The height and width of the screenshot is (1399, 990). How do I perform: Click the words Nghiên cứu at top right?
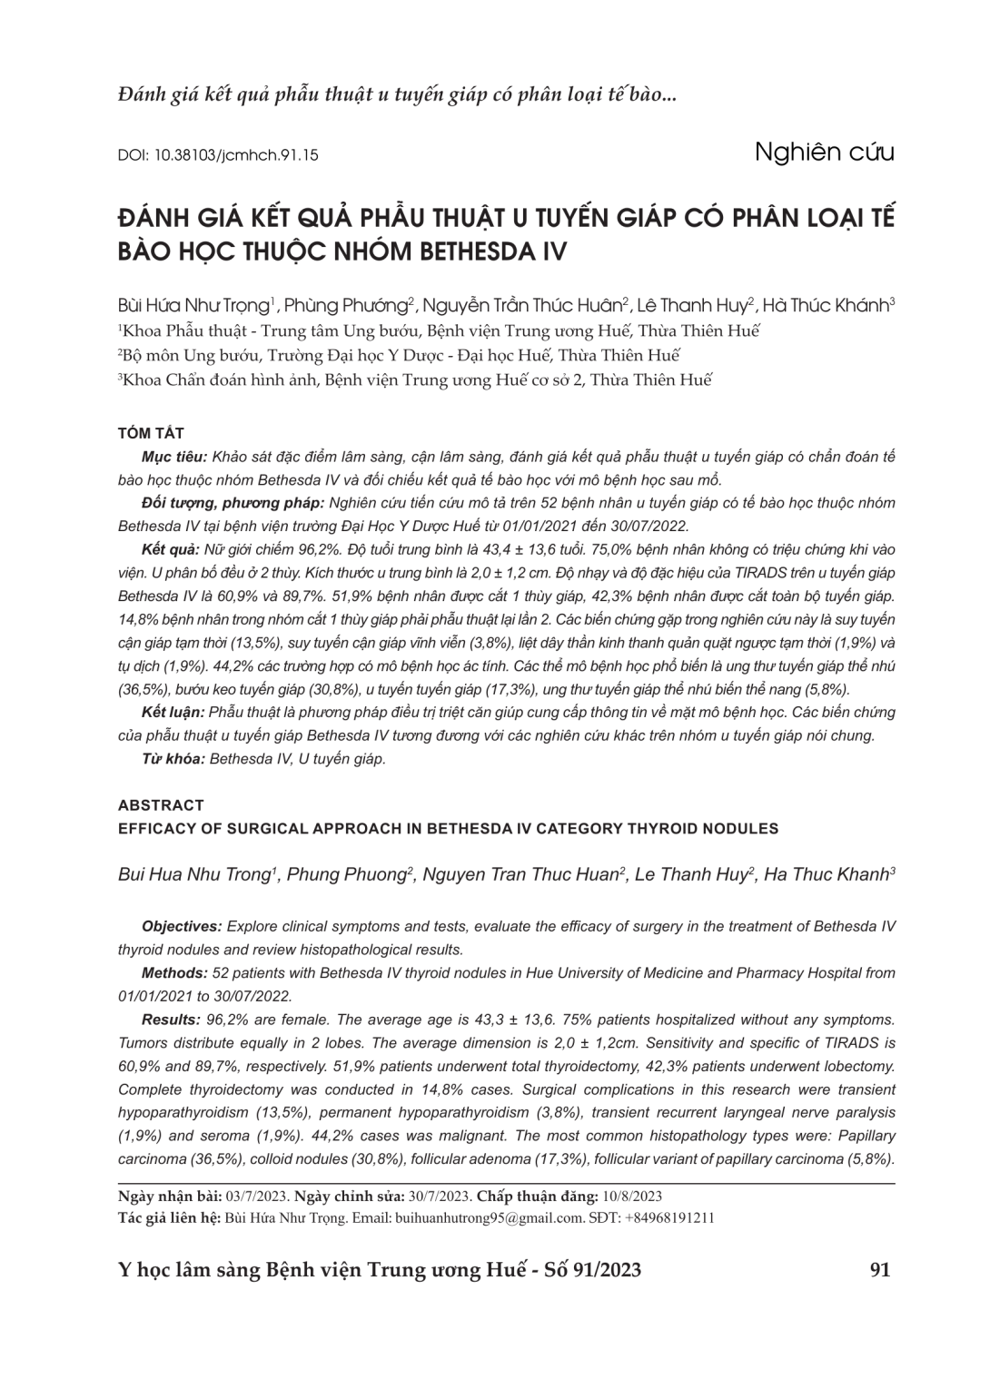click(x=824, y=152)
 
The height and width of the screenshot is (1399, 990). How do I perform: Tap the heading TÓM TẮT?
click(x=151, y=433)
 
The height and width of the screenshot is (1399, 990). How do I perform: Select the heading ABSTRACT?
click(x=161, y=805)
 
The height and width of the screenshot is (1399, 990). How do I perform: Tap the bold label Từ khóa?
click(x=173, y=759)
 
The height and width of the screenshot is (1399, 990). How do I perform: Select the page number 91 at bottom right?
click(x=879, y=1270)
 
